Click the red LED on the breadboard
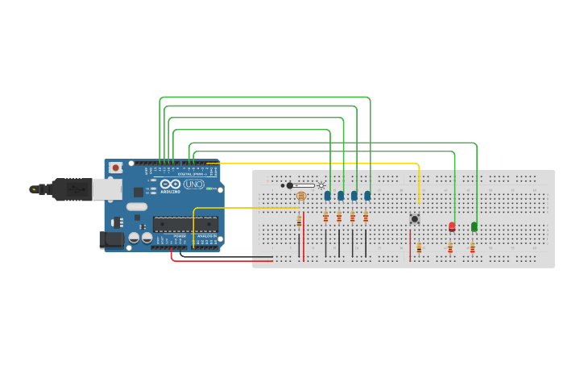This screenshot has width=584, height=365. coord(452,226)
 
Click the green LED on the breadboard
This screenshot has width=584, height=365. coord(474,226)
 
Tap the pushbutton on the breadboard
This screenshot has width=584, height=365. coord(415,218)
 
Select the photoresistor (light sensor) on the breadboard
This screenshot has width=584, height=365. coord(301,196)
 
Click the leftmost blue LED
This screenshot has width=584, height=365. coord(328,196)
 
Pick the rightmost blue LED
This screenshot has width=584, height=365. coord(367,196)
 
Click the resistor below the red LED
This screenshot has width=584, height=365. coord(450,247)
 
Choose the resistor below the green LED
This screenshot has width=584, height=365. coord(472,247)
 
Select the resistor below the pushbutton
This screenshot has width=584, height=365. coord(419,248)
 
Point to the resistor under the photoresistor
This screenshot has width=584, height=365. coord(299,220)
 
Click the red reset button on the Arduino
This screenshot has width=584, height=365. coord(116,168)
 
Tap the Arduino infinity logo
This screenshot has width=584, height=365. coord(171,185)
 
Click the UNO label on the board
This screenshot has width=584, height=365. coord(193,185)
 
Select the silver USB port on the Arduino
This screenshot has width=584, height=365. coord(106,189)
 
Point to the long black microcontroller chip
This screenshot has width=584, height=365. coord(185,224)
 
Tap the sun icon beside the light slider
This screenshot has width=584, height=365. coord(321,185)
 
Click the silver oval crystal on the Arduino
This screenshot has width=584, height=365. coord(136,206)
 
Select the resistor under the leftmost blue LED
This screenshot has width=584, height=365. coord(325,216)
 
